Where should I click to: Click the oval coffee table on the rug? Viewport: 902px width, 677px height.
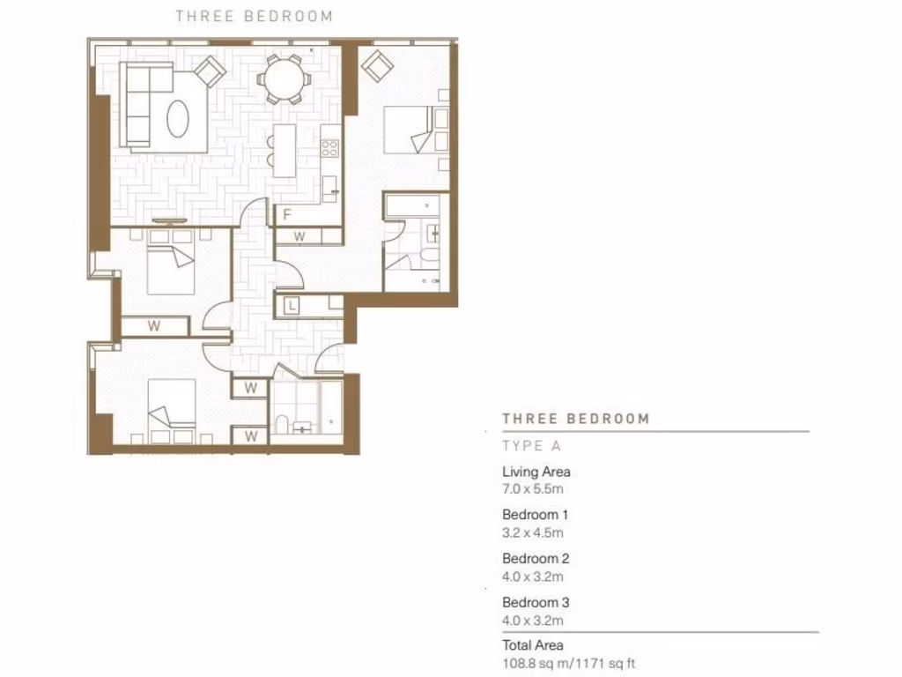tap(178, 115)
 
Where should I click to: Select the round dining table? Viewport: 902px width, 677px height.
tap(284, 79)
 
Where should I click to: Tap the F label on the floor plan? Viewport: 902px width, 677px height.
tap(286, 214)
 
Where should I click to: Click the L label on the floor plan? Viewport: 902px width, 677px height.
tap(291, 306)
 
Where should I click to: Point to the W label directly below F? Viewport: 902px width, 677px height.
tap(299, 236)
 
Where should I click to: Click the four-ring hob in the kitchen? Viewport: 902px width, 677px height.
tap(331, 147)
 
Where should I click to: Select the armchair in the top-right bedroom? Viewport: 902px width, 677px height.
tap(378, 64)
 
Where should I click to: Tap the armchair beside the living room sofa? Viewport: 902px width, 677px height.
tap(210, 71)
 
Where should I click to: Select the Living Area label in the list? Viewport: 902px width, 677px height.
tap(536, 472)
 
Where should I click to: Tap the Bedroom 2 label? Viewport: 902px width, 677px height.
tap(536, 558)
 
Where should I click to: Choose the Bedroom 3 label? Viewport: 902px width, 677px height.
tap(536, 603)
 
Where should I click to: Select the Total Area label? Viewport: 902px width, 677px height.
tap(532, 645)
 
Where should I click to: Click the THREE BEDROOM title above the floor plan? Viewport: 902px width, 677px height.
tap(254, 16)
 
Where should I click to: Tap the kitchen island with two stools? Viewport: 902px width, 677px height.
tap(284, 150)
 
